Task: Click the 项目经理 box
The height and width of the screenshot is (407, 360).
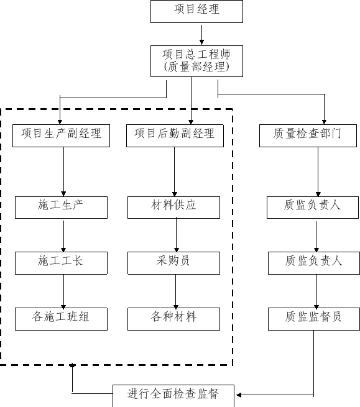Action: (x=196, y=11)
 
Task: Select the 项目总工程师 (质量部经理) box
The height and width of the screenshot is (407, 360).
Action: (x=196, y=62)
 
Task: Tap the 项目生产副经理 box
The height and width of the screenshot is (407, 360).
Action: (x=62, y=135)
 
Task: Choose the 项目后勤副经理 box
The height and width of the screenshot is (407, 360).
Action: (x=175, y=135)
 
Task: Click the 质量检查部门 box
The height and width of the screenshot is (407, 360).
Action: (x=308, y=135)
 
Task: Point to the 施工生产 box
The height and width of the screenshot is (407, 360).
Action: (x=62, y=208)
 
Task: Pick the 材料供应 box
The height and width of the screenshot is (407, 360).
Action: (x=173, y=208)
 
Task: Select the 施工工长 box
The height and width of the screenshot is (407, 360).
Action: (x=62, y=263)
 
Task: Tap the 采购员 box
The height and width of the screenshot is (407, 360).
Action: (x=173, y=263)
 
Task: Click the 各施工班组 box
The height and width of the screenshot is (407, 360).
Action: (x=62, y=319)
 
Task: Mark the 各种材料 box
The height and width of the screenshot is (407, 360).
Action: (x=173, y=319)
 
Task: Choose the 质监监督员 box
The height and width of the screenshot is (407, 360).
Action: (x=314, y=319)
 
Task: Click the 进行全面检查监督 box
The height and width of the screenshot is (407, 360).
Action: (x=173, y=396)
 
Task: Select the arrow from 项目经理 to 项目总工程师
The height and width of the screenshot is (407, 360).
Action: (x=201, y=35)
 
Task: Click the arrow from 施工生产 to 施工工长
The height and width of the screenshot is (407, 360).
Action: (x=63, y=236)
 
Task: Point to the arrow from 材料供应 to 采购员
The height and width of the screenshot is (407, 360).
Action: (x=177, y=235)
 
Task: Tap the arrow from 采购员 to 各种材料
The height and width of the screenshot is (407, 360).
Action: (x=175, y=291)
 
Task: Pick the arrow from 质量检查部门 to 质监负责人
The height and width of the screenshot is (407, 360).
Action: (x=318, y=171)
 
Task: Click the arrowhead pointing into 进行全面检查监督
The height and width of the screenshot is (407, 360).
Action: (x=239, y=395)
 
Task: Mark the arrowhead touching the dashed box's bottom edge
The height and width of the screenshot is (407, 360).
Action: (x=72, y=365)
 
